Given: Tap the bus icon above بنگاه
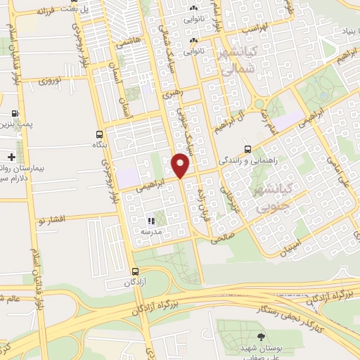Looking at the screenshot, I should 98,134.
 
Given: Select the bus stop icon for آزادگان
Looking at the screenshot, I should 136,271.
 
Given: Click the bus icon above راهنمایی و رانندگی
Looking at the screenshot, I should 247,149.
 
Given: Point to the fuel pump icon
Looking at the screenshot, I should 15,112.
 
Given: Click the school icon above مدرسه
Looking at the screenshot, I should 150,220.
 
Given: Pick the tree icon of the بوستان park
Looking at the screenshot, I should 262,337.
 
